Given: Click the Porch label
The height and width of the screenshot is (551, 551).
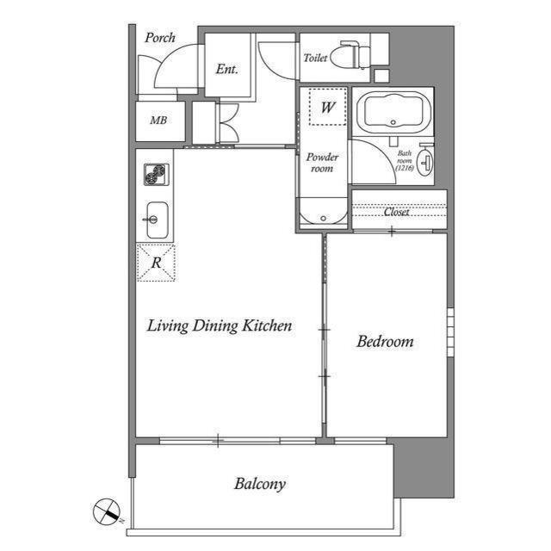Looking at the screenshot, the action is (160, 38).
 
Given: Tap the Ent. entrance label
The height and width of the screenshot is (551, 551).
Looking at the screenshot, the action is (227, 69).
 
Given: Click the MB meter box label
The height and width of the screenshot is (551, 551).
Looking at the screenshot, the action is (158, 121).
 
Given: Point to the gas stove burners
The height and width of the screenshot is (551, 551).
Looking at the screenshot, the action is (157, 174).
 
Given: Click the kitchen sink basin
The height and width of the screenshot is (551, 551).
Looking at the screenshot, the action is (157, 220).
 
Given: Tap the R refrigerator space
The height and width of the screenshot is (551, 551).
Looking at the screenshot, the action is (156, 262).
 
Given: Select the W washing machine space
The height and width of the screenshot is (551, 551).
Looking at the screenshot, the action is (328, 107).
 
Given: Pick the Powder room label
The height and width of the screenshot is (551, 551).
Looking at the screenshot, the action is (322, 163).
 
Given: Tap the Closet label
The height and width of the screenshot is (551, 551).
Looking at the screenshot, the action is (396, 212).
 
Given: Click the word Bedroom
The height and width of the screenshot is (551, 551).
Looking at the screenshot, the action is (385, 341).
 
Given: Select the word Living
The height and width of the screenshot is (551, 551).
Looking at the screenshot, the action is (168, 325).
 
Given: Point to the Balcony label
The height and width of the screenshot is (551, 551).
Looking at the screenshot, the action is (260, 484).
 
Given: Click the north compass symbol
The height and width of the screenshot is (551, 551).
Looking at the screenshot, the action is (107, 511).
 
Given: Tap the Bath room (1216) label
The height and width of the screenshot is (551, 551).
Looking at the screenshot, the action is (405, 161).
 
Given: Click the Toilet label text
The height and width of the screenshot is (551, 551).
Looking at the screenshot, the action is (315, 58).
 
